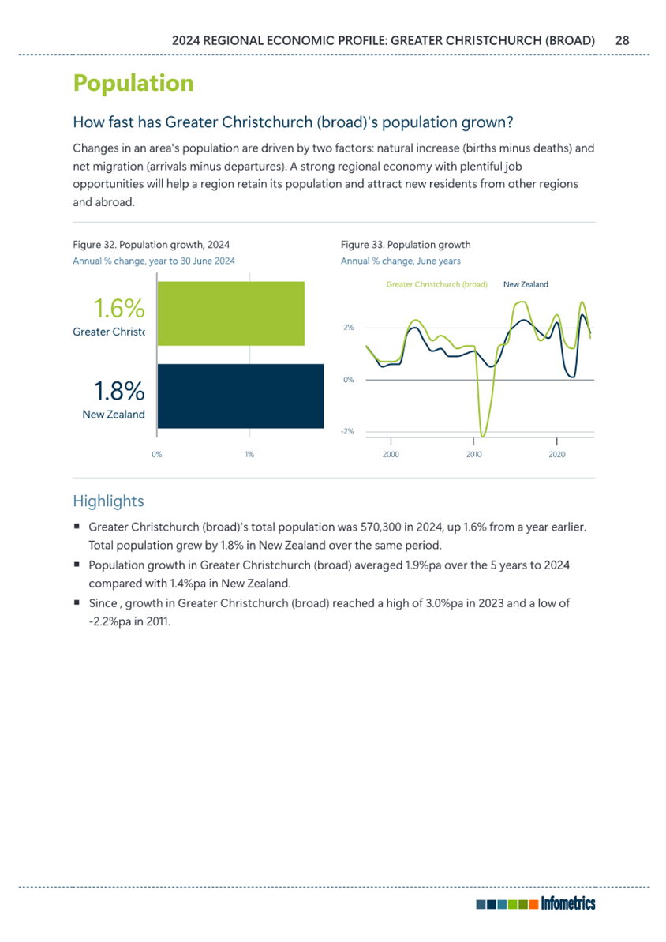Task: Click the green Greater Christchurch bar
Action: [231, 313]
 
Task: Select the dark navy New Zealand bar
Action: [241, 396]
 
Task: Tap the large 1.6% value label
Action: [119, 309]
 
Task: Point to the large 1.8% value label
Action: [119, 391]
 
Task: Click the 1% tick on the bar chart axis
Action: [249, 455]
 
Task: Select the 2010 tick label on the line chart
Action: [473, 455]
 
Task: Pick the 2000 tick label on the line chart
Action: [391, 455]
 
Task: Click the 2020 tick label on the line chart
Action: [556, 455]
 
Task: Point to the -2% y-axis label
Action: [348, 431]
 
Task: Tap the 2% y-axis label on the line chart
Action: [349, 328]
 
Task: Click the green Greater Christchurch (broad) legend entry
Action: [436, 285]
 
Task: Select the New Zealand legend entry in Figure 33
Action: [526, 285]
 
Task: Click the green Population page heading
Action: [133, 84]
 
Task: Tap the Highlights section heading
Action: [109, 501]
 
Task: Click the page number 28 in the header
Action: [622, 41]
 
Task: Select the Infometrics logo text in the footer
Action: [568, 903]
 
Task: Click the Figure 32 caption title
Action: [152, 245]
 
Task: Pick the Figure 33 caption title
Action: [406, 245]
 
